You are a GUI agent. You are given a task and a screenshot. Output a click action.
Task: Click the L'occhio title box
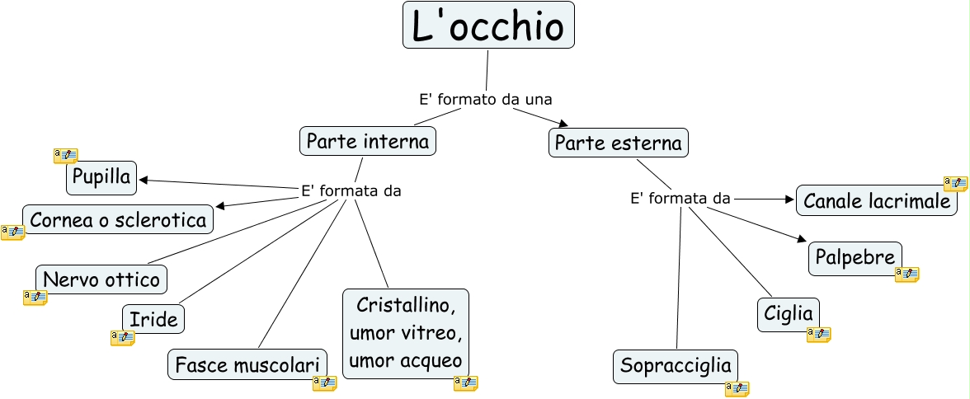[488, 26]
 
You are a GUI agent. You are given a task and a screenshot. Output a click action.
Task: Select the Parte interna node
[368, 141]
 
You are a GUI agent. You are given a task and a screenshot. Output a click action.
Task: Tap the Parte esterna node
[619, 143]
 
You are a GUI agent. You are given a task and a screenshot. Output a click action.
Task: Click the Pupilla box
[101, 178]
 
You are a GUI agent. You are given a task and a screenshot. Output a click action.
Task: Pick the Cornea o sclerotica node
[118, 220]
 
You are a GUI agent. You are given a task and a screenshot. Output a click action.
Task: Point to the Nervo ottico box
[101, 279]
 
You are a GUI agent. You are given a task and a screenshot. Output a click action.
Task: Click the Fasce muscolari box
[247, 364]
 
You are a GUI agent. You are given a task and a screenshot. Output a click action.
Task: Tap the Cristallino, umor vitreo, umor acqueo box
[405, 333]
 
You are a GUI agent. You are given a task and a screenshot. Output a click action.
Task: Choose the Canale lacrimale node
[877, 200]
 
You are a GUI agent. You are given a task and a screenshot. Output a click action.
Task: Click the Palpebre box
[855, 257]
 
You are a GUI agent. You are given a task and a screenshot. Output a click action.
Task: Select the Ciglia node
[789, 314]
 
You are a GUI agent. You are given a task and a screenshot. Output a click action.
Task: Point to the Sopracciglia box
[676, 366]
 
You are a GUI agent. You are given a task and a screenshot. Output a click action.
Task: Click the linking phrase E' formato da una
[485, 99]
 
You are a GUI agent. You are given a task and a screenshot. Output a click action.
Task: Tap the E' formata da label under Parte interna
[351, 191]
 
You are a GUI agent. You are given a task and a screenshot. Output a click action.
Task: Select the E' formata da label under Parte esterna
[680, 198]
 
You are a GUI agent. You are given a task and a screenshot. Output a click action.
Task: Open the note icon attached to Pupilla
[65, 156]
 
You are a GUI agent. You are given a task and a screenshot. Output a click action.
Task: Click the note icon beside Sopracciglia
[737, 389]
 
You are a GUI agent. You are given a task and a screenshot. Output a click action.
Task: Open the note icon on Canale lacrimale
[955, 184]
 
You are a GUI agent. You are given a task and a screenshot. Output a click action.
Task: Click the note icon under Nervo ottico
[35, 298]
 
